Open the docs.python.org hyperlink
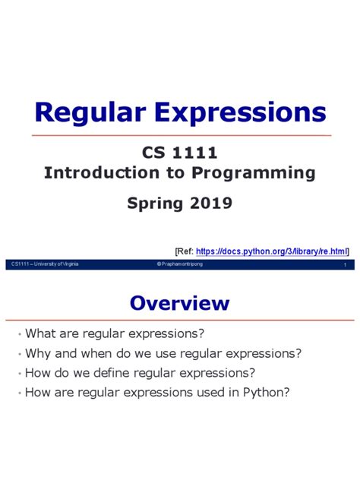pyautogui.click(x=271, y=250)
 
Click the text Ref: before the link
pyautogui.click(x=183, y=250)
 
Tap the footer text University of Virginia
pyautogui.click(x=52, y=264)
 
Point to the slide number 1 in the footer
pyautogui.click(x=345, y=264)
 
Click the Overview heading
pyautogui.click(x=179, y=303)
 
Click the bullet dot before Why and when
pyautogui.click(x=18, y=354)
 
